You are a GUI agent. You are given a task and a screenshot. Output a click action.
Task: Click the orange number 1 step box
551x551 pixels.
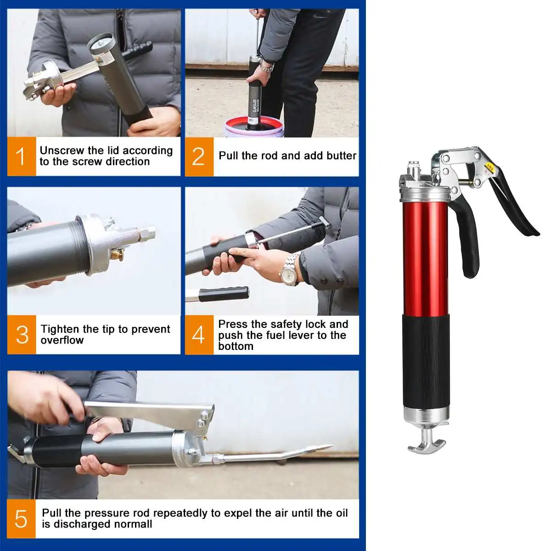(x=22, y=157)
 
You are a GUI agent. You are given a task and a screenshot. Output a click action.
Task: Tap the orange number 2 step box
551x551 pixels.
(x=199, y=157)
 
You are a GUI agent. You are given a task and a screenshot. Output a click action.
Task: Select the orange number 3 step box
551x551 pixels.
(x=22, y=335)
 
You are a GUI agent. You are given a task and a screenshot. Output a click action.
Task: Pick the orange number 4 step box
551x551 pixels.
(x=199, y=335)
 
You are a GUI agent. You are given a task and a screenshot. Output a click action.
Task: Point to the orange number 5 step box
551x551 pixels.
(x=22, y=518)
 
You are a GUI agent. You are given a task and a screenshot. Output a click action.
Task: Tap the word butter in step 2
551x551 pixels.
(x=342, y=156)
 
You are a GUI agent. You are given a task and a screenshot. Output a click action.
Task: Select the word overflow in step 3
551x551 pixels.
(x=62, y=340)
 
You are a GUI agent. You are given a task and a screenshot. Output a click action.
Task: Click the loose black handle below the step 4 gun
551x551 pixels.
(x=224, y=294)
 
